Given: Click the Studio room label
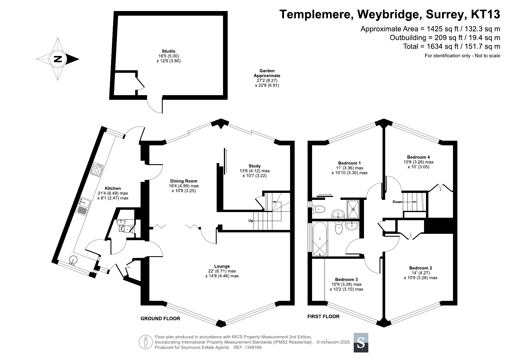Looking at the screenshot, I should click(169, 51).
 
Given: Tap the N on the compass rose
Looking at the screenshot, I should click(58, 59).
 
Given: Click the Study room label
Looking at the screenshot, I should click(254, 166).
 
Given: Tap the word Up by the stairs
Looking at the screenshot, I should click(251, 221).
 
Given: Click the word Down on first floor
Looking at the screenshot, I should click(397, 202).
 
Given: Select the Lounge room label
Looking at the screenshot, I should click(222, 266).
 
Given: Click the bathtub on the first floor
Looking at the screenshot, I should click(320, 239).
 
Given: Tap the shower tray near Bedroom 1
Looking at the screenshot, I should click(353, 209).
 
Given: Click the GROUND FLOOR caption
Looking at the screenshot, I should click(160, 319).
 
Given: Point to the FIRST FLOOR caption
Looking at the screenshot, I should click(323, 316).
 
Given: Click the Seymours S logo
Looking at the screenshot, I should click(361, 343).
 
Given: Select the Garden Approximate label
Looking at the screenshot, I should click(267, 73).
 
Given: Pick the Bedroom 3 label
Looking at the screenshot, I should click(346, 279).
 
